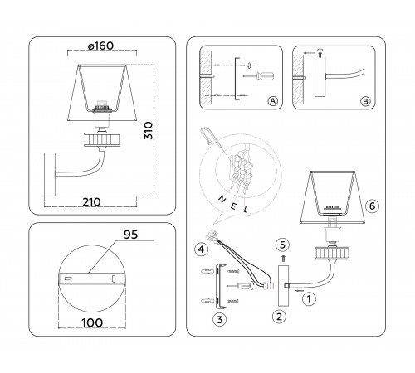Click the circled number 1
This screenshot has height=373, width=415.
(x=309, y=297)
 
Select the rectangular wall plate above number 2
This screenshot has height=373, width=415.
(x=279, y=285)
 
